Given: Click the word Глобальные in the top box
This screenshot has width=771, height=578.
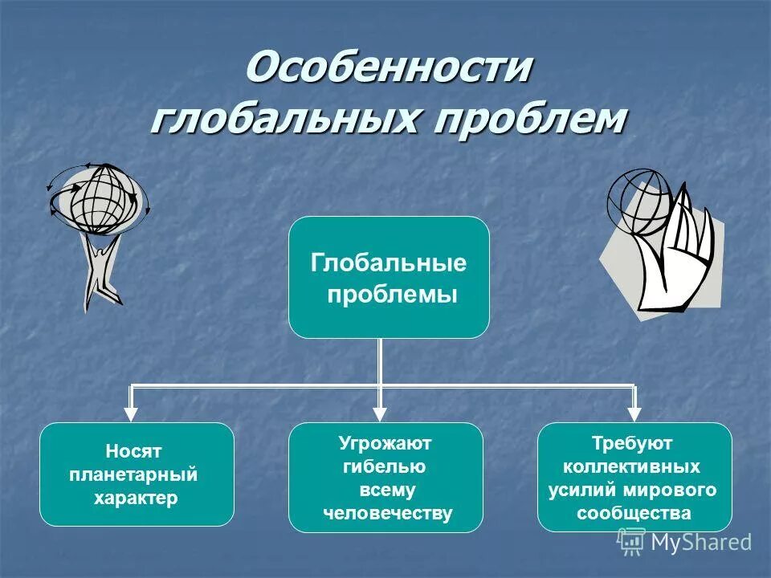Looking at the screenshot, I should [x=389, y=263].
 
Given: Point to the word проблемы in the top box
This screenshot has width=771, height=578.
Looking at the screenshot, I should [x=392, y=295].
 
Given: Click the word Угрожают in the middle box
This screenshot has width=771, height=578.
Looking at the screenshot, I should [x=385, y=443].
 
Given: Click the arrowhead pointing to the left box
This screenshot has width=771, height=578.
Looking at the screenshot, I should [x=131, y=413].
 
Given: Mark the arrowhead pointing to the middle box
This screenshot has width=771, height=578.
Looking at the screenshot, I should [x=381, y=413].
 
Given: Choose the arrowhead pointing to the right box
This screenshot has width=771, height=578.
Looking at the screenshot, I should [x=634, y=413].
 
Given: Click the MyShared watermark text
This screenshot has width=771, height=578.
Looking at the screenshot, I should [x=700, y=542].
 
